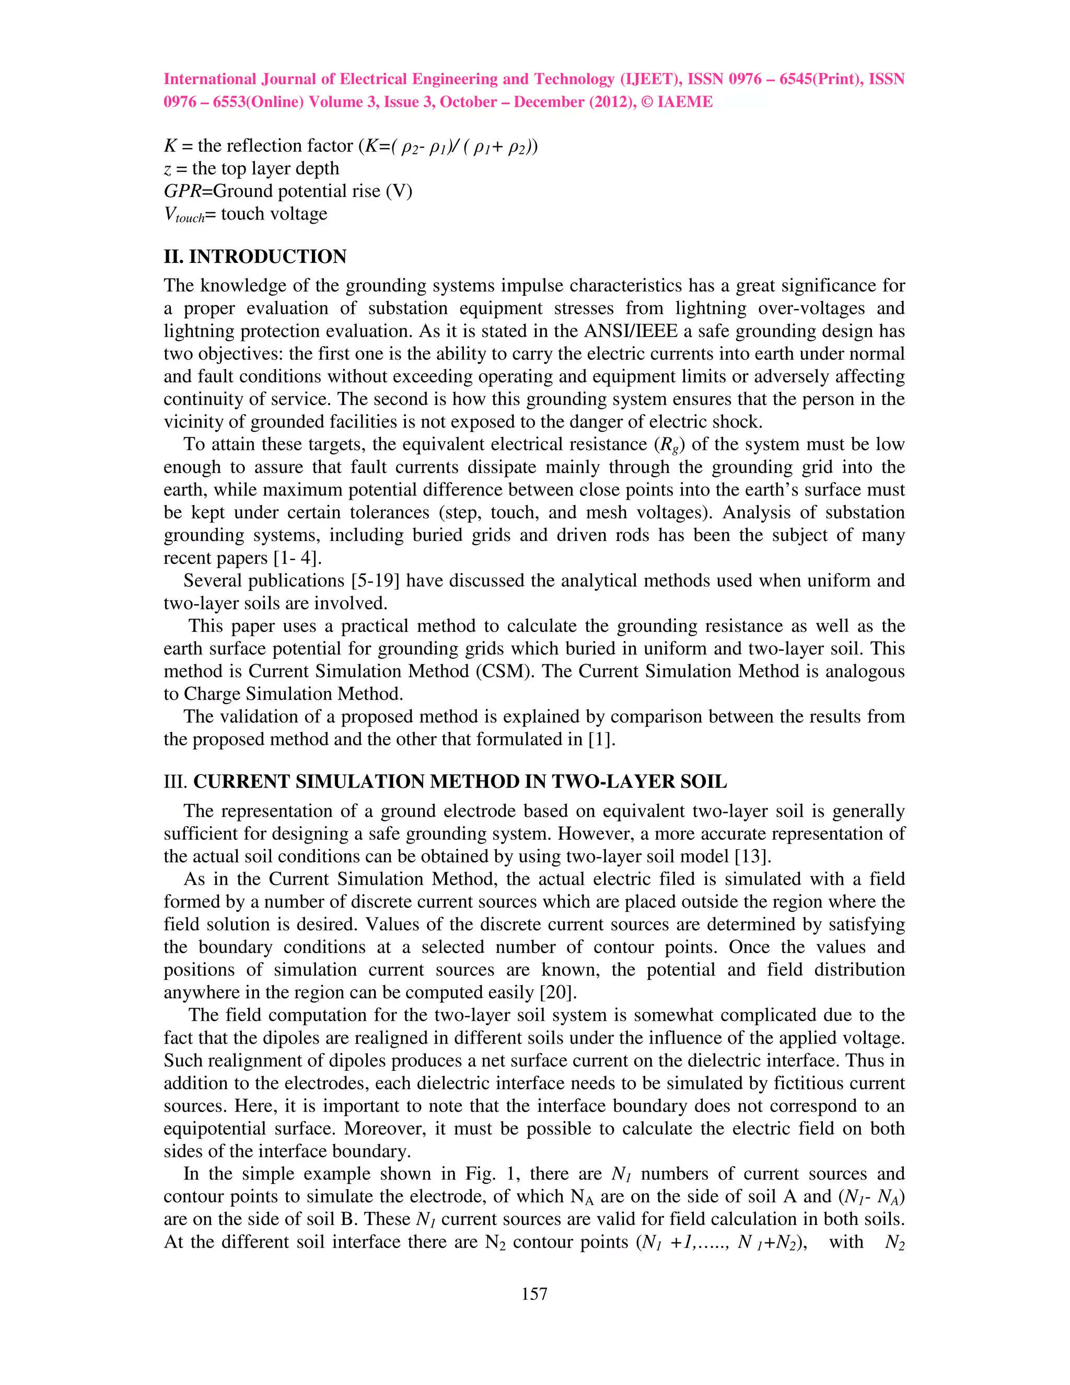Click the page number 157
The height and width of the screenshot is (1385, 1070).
coord(534,1294)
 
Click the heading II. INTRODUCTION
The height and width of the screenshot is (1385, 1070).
coord(255,257)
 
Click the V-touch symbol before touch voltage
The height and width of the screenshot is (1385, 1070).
coord(184,215)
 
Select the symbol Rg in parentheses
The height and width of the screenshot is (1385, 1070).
coord(669,445)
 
